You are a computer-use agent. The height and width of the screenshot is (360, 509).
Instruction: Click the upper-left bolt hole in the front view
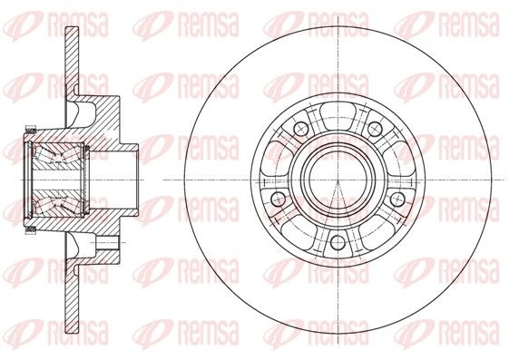tap(300, 129)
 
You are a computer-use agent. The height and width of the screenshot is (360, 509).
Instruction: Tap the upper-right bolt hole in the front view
tap(375, 129)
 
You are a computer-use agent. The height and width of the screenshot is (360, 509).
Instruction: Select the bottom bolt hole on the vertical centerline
tap(338, 242)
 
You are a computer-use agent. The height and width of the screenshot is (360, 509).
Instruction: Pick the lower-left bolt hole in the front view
tap(278, 199)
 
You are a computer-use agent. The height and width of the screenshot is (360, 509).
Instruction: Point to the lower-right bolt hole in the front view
tap(397, 199)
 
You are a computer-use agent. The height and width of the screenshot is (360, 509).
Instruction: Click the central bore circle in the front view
tap(338, 180)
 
